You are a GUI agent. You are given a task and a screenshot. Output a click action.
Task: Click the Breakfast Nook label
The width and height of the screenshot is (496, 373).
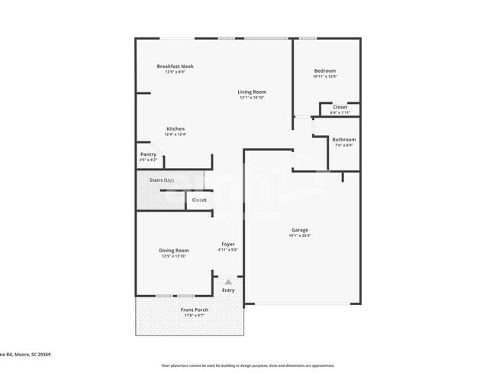pos(176,66)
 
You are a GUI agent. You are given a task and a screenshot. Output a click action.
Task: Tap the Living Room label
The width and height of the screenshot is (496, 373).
pos(252,92)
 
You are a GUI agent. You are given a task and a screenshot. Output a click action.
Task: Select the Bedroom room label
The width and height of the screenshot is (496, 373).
pos(325,71)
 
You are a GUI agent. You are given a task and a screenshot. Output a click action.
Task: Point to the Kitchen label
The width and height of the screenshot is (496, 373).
pos(176,128)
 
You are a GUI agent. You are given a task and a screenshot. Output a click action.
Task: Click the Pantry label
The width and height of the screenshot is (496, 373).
pos(148,154)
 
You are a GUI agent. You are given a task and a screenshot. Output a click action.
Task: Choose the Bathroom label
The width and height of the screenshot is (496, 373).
pos(343,139)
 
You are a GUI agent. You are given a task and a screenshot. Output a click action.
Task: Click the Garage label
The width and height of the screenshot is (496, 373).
pos(300,229)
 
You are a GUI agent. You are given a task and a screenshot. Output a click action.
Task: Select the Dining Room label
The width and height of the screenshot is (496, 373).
pos(174,251)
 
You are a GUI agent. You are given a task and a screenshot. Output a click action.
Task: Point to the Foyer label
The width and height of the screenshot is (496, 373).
pos(228,244)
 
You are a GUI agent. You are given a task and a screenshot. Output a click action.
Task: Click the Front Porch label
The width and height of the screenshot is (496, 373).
pos(195,310)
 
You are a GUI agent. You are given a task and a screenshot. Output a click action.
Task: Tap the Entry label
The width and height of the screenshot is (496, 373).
pos(228,290)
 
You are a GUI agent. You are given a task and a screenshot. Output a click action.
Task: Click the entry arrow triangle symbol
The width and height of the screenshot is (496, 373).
pos(227,282)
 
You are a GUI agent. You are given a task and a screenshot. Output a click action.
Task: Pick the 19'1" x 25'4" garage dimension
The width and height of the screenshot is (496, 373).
pos(300,235)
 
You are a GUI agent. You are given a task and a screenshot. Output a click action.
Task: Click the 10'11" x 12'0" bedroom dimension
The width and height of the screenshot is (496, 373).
pos(325,76)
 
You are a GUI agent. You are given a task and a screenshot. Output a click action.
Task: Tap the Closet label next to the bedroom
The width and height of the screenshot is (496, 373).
pos(340,107)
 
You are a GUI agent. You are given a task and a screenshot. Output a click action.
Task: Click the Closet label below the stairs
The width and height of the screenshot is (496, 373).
pos(199,200)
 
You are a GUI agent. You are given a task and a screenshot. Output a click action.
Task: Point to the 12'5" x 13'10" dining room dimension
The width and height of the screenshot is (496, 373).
pos(174,256)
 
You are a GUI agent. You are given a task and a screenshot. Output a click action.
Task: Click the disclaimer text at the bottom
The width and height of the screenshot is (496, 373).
pos(247,365)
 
